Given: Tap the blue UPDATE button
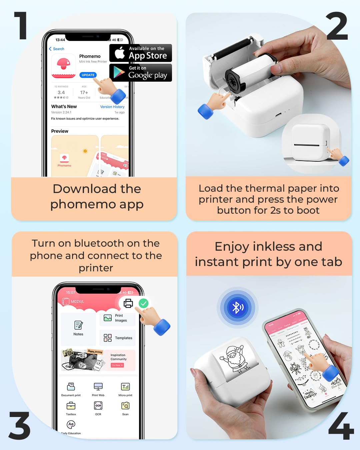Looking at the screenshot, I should coord(88,75).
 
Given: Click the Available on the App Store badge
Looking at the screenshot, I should coord(141,53).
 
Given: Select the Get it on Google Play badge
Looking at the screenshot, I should coord(141,73).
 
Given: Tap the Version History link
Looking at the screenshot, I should coord(112,107).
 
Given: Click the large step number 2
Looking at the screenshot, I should coord(337,26).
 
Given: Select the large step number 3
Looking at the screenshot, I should coord(20,426).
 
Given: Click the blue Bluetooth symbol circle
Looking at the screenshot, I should coord(238,307).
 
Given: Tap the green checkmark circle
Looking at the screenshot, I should coord(143,303).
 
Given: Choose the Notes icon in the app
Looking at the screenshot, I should coord(78,325).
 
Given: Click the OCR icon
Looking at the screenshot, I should coord(98,406).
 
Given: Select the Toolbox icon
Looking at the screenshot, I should coord(71,406).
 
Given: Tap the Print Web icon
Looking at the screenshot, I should coord(98,387).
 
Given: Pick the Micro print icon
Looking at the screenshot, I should coord(125,387).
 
